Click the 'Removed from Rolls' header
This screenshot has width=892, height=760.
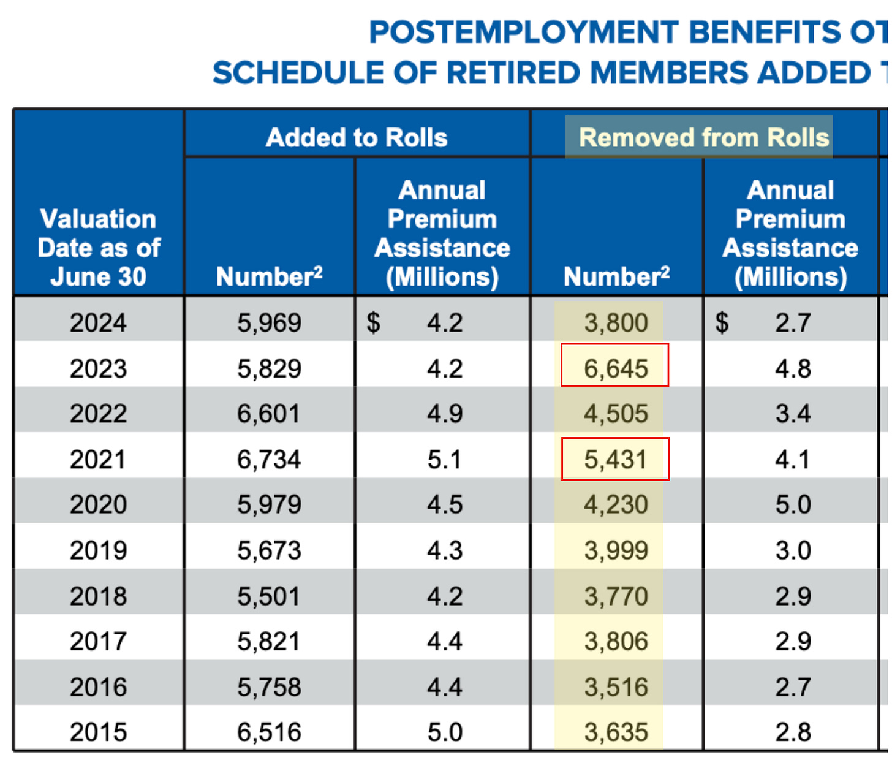point(703,137)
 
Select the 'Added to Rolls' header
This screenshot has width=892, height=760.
point(357,137)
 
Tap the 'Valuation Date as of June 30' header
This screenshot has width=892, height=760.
point(98,248)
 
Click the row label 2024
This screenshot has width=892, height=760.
point(98,322)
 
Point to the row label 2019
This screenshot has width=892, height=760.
point(98,550)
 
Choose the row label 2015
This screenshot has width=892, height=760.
point(98,732)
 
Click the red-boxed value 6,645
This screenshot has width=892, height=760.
point(615,368)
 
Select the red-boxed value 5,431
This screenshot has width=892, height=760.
point(615,459)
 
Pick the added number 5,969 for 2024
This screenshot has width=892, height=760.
point(269,322)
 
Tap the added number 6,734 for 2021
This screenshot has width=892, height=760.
point(269,459)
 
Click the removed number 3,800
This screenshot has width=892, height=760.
point(616,322)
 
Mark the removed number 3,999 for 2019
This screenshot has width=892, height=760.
point(616,550)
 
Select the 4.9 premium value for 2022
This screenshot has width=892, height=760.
point(445,414)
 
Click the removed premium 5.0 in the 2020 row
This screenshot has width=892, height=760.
point(793,504)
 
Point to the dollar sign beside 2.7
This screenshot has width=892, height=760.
point(722,322)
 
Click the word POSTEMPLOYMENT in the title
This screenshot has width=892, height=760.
point(524,32)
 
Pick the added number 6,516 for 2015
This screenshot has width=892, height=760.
point(269,732)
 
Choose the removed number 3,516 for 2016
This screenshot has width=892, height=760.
point(616,687)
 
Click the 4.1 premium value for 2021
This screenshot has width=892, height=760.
point(793,459)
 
